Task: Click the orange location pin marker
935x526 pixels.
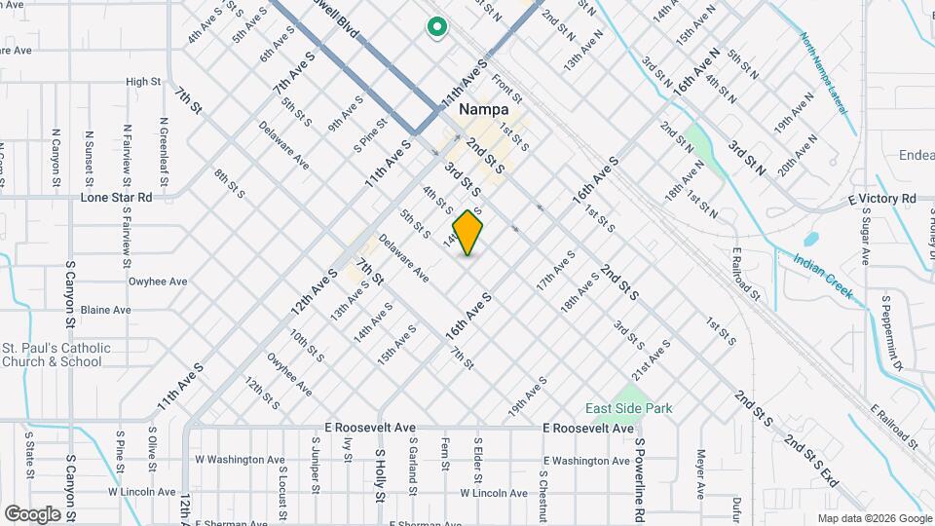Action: (x=468, y=232)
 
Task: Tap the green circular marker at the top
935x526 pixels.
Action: (x=436, y=28)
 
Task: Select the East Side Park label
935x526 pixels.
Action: (x=628, y=407)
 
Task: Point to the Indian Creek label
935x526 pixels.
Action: (x=823, y=277)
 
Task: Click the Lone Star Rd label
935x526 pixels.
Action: (x=117, y=197)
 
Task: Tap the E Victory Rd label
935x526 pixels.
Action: (x=881, y=199)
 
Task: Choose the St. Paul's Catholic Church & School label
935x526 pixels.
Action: (x=52, y=355)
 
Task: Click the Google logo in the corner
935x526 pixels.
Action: (x=32, y=513)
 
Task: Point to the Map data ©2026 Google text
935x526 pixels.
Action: (x=874, y=518)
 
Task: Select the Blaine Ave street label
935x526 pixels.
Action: (x=106, y=310)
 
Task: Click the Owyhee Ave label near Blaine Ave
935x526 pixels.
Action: (x=158, y=282)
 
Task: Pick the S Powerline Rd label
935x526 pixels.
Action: (x=640, y=478)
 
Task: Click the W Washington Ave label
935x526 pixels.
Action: (x=240, y=460)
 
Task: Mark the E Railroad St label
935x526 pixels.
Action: (x=895, y=426)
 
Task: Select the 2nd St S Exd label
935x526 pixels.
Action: (x=811, y=463)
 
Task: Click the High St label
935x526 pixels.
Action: (x=142, y=82)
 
